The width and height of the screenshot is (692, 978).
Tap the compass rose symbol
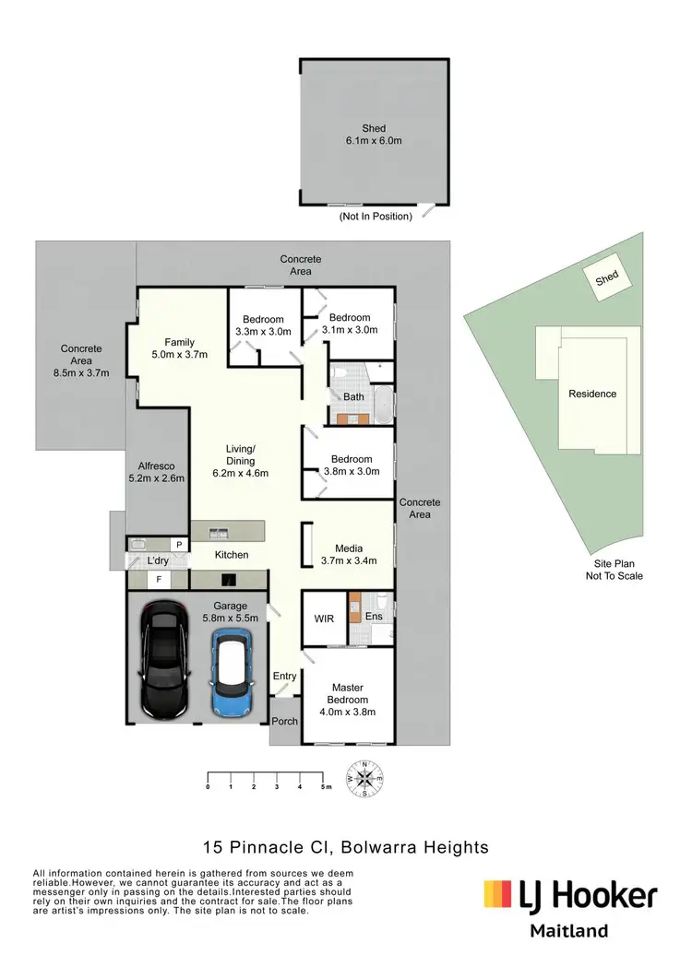click(365, 778)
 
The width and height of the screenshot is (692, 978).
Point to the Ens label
click(374, 616)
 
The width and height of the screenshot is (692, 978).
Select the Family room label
click(180, 348)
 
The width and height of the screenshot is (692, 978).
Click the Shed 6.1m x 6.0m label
click(374, 135)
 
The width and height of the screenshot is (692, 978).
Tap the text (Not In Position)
click(376, 217)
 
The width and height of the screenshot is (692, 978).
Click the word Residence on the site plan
click(591, 394)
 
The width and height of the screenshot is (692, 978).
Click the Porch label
click(285, 721)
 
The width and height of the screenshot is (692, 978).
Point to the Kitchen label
click(232, 555)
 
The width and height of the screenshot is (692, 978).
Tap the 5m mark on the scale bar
click(323, 786)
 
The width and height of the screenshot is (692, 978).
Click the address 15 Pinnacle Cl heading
click(345, 846)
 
